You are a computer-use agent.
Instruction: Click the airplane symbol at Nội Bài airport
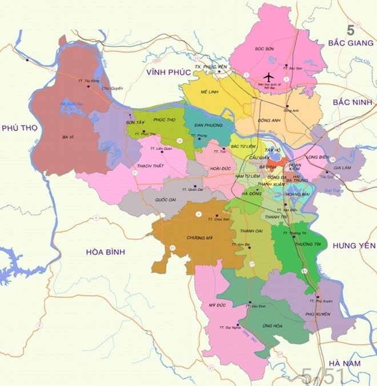(x=268, y=77)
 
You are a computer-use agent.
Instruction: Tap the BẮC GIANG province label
(x=349, y=43)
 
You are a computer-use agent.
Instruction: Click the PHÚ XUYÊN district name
(x=319, y=314)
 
